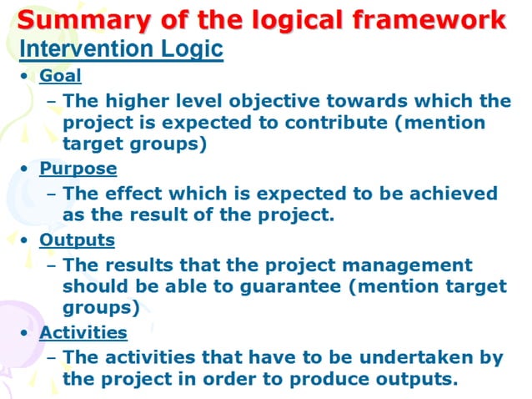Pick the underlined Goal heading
tap(61, 76)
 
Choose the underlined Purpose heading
tap(78, 168)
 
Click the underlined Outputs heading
tap(78, 240)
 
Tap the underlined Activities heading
tap(83, 332)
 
